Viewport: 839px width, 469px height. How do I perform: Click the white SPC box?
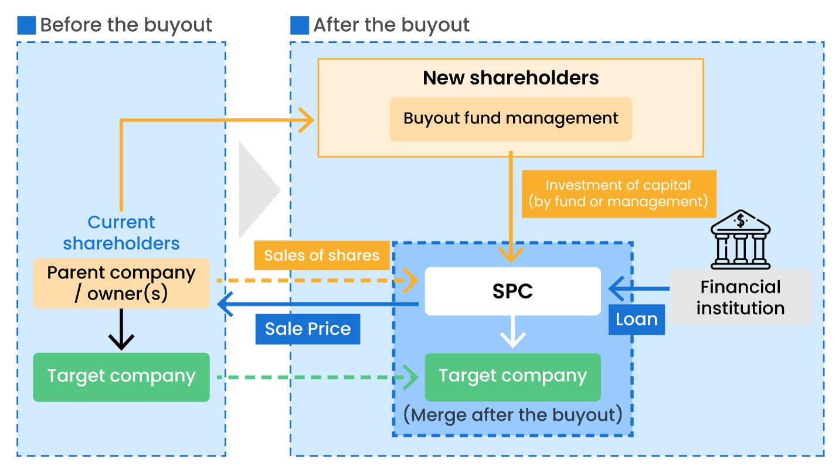pyautogui.click(x=512, y=291)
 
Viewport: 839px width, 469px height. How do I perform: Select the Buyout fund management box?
pyautogui.click(x=511, y=119)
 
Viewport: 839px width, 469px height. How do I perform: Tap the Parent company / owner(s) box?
pyautogui.click(x=121, y=283)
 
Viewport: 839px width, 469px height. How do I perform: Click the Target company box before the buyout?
pyautogui.click(x=121, y=377)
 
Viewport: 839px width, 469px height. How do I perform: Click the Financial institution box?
pyautogui.click(x=741, y=297)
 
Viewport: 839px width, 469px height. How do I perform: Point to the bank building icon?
pyautogui.click(x=741, y=240)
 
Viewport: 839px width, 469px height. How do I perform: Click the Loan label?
pyautogui.click(x=636, y=320)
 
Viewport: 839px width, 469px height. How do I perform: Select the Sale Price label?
pyautogui.click(x=308, y=329)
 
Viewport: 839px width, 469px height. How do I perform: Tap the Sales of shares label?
pyautogui.click(x=321, y=256)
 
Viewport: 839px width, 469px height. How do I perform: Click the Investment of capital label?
pyautogui.click(x=619, y=193)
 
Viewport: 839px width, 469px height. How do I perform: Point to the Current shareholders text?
pyautogui.click(x=121, y=233)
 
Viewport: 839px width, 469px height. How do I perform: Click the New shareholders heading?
pyautogui.click(x=511, y=78)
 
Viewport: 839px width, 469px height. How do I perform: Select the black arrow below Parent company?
pyautogui.click(x=121, y=331)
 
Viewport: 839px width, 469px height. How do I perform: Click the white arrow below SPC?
pyautogui.click(x=512, y=333)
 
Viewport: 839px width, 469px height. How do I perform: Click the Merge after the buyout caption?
pyautogui.click(x=512, y=415)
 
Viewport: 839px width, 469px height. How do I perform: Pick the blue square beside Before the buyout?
pyautogui.click(x=26, y=25)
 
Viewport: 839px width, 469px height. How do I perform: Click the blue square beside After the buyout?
pyautogui.click(x=299, y=25)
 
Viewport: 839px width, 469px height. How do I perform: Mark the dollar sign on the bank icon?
pyautogui.click(x=741, y=221)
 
